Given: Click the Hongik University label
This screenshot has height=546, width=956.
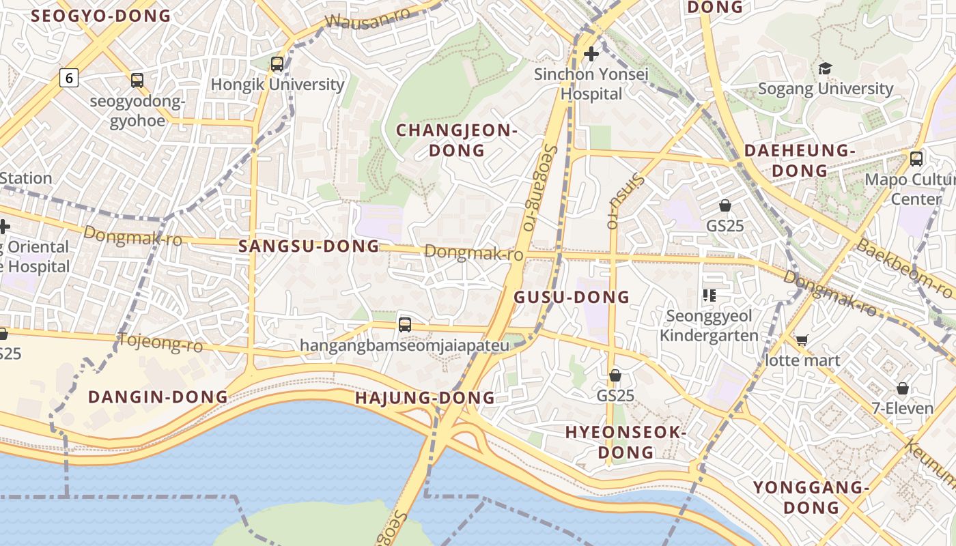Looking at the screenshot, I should click(277, 85).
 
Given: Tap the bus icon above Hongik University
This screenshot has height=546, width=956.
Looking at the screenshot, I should click(277, 64).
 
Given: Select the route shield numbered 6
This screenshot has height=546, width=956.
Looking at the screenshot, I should click(69, 78).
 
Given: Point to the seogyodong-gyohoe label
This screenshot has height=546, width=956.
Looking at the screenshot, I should click(137, 111).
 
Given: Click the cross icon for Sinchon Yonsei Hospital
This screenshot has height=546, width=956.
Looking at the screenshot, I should click(591, 53).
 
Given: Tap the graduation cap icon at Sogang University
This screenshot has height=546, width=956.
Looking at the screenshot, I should click(826, 68).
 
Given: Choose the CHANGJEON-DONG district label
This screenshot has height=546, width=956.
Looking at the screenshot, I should click(457, 140).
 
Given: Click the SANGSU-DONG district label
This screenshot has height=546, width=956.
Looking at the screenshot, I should click(309, 246).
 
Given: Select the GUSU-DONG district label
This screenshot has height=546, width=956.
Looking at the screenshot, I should click(572, 297).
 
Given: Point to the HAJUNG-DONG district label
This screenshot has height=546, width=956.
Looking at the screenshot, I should click(425, 397).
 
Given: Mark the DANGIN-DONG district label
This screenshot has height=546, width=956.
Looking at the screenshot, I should click(158, 397).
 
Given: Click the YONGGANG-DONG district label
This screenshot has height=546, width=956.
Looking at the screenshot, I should click(811, 497).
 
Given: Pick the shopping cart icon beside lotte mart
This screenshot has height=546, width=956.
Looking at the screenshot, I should click(802, 340).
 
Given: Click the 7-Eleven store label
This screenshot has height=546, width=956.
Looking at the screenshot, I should click(902, 408).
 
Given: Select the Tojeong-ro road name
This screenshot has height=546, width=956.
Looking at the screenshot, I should click(161, 343).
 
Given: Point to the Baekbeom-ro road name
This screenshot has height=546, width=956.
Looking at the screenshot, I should click(904, 268).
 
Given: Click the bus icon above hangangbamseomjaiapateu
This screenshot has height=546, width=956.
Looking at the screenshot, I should click(405, 325).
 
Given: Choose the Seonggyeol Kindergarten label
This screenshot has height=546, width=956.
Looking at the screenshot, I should click(709, 326).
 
